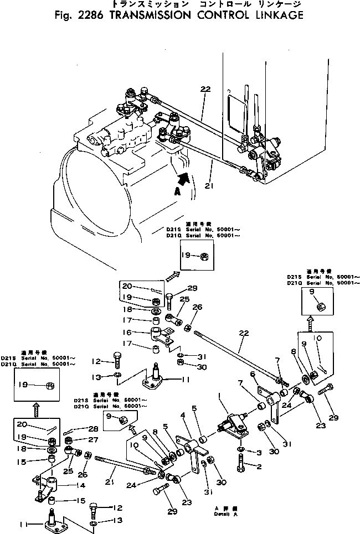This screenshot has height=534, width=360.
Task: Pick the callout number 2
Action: [x=256, y=466]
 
